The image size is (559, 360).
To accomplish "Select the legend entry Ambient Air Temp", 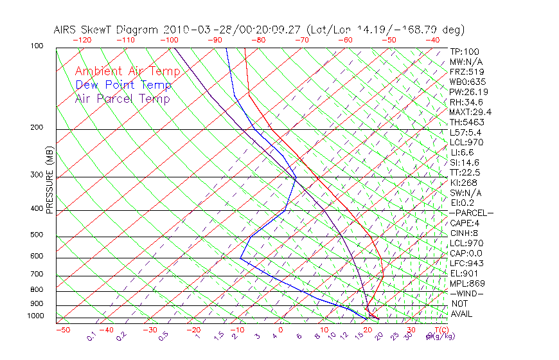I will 127,71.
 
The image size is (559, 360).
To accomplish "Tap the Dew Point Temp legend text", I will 123,85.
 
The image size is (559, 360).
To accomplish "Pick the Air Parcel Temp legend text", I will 123,98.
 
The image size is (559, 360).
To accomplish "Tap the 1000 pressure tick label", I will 36,316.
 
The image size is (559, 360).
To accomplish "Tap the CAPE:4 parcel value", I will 463,223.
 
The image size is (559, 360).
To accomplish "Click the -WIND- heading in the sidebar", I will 467,294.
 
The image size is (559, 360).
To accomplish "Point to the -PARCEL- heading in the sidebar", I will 471,213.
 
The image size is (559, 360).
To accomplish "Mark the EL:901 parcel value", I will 463,273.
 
